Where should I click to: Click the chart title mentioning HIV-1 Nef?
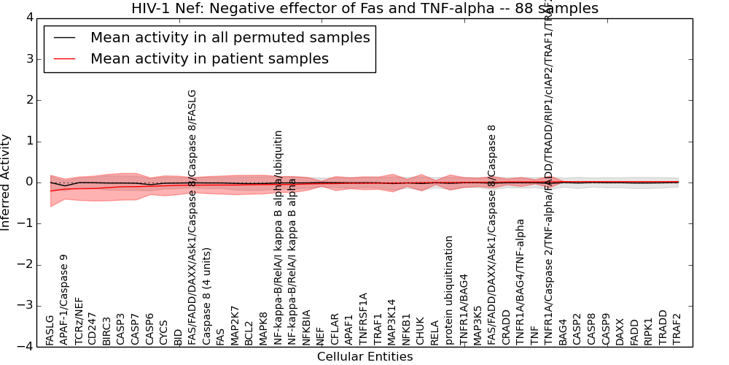click(x=364, y=9)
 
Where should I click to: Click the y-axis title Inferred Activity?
click(x=7, y=182)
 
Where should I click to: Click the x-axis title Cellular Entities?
click(x=364, y=357)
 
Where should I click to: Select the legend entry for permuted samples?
click(x=230, y=38)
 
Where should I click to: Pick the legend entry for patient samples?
click(x=209, y=58)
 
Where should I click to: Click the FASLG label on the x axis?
click(x=50, y=330)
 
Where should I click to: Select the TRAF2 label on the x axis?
click(x=677, y=328)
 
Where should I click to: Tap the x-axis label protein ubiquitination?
click(x=449, y=290)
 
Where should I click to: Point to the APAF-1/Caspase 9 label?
click(x=64, y=299)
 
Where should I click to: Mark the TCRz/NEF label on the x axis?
click(x=78, y=320)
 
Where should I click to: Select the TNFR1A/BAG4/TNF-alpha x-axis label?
click(x=520, y=282)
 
